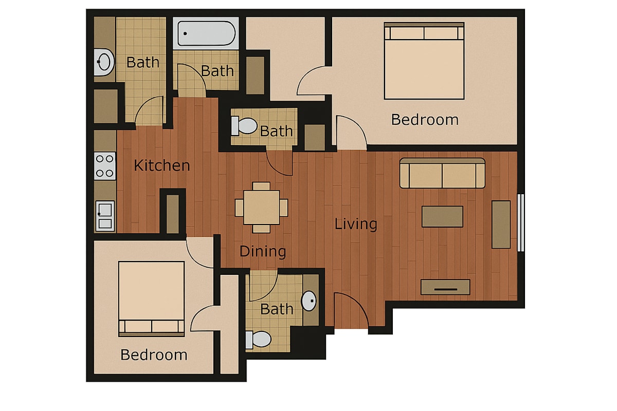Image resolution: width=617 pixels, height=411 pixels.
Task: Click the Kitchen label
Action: pyautogui.click(x=162, y=165)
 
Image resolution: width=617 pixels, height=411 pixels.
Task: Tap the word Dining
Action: pyautogui.click(x=263, y=251)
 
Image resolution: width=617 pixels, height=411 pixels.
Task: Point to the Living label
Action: pyautogui.click(x=356, y=224)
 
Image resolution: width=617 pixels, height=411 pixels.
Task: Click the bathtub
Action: pyautogui.click(x=206, y=33)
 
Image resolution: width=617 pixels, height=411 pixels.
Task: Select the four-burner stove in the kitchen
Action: pyautogui.click(x=105, y=166)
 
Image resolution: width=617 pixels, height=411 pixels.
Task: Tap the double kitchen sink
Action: pyautogui.click(x=105, y=216)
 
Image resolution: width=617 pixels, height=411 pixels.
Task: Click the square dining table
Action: pyautogui.click(x=261, y=207)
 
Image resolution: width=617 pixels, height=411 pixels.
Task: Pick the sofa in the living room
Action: pyautogui.click(x=442, y=173)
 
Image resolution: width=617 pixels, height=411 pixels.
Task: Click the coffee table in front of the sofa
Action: pyautogui.click(x=442, y=217)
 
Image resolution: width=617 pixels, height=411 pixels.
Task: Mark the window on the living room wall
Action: pyautogui.click(x=520, y=222)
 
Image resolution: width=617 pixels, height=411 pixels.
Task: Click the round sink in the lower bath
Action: pyautogui.click(x=309, y=301)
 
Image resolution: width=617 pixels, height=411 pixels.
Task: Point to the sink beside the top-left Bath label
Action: pyautogui.click(x=104, y=62)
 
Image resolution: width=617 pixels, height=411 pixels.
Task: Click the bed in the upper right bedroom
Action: pyautogui.click(x=424, y=61)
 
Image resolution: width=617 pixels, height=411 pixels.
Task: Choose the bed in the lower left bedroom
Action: pyautogui.click(x=152, y=299)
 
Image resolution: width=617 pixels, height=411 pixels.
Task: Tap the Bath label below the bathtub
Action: pyautogui.click(x=217, y=71)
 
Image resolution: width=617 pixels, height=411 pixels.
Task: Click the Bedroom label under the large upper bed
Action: pyautogui.click(x=425, y=120)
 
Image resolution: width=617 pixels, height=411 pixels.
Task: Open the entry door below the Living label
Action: pyautogui.click(x=351, y=310)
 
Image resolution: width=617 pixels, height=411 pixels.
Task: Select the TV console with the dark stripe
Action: pyautogui.click(x=445, y=287)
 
